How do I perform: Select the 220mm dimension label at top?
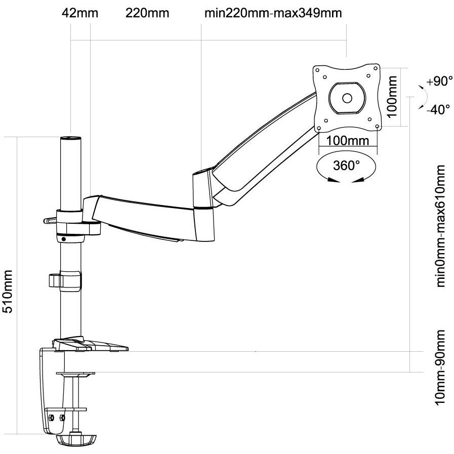click(x=147, y=13)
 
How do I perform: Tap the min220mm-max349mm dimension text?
click(x=273, y=13)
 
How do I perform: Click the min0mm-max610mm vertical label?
click(x=441, y=226)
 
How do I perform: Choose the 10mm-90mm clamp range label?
click(x=441, y=367)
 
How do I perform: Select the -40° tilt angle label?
click(x=438, y=109)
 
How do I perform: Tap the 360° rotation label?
click(x=346, y=166)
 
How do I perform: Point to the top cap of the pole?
click(x=71, y=139)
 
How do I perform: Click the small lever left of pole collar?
click(x=49, y=220)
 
